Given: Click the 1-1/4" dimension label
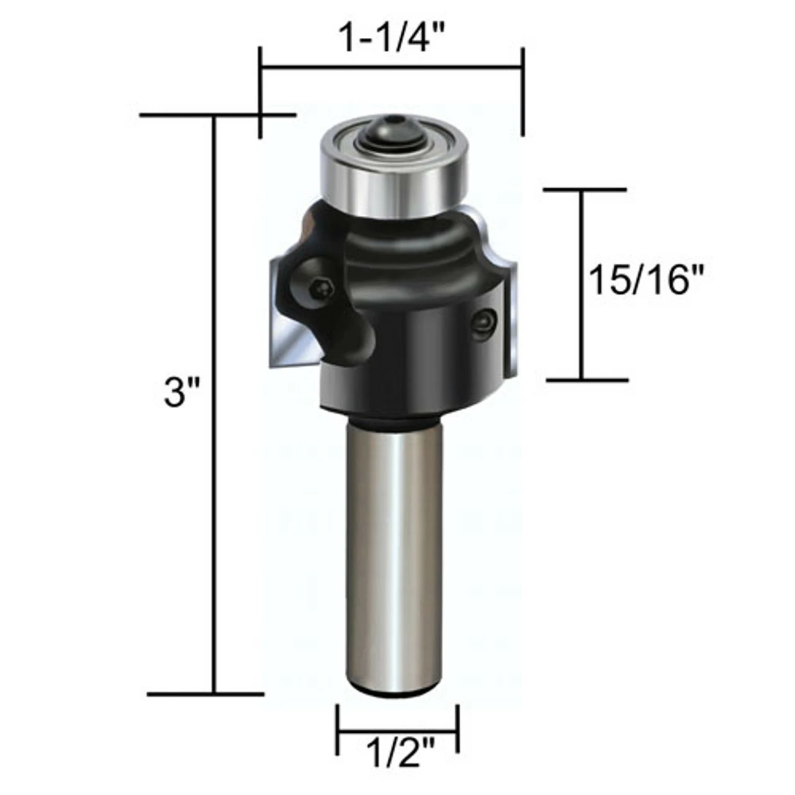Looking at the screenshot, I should [392, 38].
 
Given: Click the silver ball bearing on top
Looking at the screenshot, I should [393, 180].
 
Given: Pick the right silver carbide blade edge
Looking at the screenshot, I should [511, 323].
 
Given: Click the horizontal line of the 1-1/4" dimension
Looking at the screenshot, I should [391, 68].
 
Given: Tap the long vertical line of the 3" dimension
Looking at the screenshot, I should [215, 404].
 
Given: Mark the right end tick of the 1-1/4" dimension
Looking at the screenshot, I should [523, 92].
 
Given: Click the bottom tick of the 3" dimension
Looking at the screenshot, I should [206, 694].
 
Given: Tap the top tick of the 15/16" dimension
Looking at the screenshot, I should [584, 189].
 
